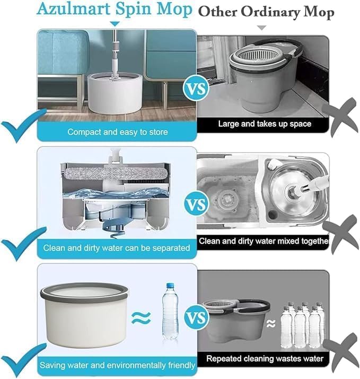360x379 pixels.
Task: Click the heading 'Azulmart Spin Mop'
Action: [x=115, y=10]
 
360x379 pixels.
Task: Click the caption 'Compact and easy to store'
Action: [x=117, y=131]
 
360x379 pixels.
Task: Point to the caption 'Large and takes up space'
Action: [x=265, y=124]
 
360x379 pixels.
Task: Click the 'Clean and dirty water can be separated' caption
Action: [x=117, y=247]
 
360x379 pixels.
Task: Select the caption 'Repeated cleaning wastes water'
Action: [x=265, y=358]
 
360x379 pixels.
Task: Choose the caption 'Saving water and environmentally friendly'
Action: [x=118, y=365]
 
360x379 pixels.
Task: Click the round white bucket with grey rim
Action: [x=84, y=314]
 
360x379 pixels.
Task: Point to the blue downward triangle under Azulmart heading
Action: [x=116, y=24]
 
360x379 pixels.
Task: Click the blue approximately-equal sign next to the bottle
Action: [x=141, y=317]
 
